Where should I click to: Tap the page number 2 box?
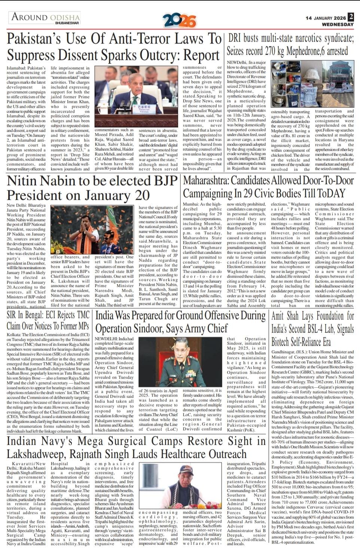click(x=351, y=17)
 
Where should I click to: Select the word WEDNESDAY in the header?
click(x=338, y=24)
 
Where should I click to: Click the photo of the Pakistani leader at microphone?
click(x=137, y=98)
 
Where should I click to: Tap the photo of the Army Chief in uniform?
click(x=181, y=362)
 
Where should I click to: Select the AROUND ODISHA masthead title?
click(x=46, y=17)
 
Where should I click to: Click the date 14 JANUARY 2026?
click(x=326, y=18)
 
